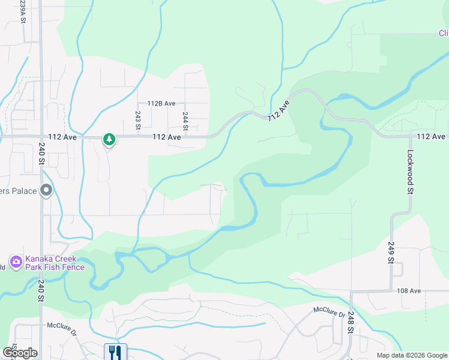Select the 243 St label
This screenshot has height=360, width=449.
tap(138, 120)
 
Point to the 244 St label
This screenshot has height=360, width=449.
tap(185, 121)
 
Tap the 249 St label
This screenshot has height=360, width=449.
tap(391, 252)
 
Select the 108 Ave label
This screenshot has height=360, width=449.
tap(409, 291)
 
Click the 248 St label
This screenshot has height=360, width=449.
tap(349, 321)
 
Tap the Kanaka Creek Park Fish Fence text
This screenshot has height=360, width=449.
tap(55, 263)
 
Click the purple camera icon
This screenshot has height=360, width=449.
tap(16, 262)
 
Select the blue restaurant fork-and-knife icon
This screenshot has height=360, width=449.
tap(115, 352)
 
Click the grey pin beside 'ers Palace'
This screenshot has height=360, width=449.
tap(47, 191)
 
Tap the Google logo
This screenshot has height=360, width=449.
tap(19, 353)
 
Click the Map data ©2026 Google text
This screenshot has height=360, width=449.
tap(411, 355)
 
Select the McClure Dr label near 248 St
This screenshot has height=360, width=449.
tap(329, 313)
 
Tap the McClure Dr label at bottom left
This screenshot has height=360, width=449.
tap(62, 328)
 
